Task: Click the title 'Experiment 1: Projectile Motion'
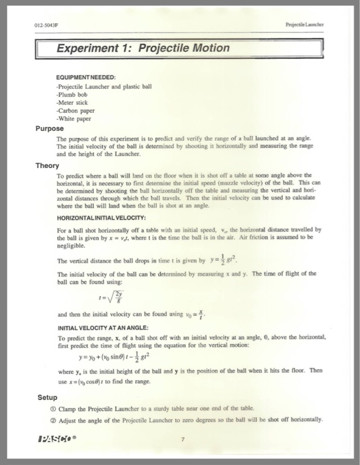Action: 143,48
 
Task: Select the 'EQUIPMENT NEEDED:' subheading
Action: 88,77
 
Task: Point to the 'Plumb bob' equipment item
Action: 74,94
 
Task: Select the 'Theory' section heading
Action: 47,165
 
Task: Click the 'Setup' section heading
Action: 47,397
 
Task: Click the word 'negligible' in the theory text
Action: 73,244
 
